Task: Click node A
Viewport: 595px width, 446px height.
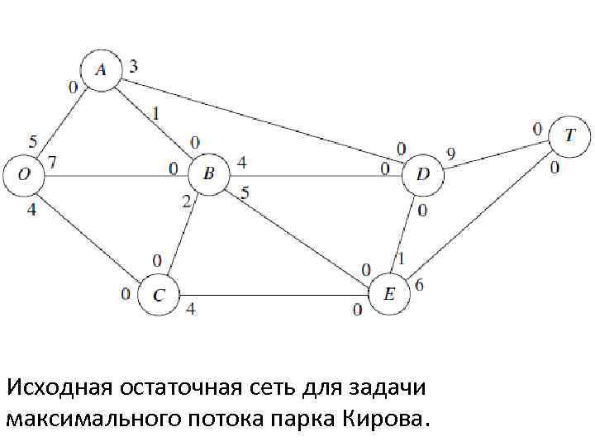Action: [101, 69]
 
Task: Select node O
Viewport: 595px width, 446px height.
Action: [23, 174]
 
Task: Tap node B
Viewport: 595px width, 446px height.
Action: [208, 174]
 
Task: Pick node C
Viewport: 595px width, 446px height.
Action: [159, 295]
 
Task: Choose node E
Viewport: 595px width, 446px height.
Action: [390, 294]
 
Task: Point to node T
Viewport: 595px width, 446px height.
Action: [570, 134]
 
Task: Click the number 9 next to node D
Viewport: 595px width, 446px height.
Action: [451, 153]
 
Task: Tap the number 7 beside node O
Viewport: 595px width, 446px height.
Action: [52, 164]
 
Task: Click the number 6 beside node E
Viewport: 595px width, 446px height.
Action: [420, 286]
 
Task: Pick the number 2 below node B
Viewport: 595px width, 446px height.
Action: [186, 201]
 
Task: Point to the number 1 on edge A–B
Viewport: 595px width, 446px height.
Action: [158, 111]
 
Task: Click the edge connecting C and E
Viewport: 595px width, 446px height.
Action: [273, 295]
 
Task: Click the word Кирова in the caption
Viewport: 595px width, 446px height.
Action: [383, 418]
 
